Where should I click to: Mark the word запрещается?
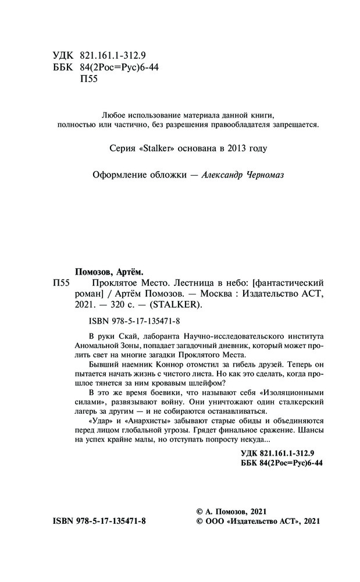point(294,124)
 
